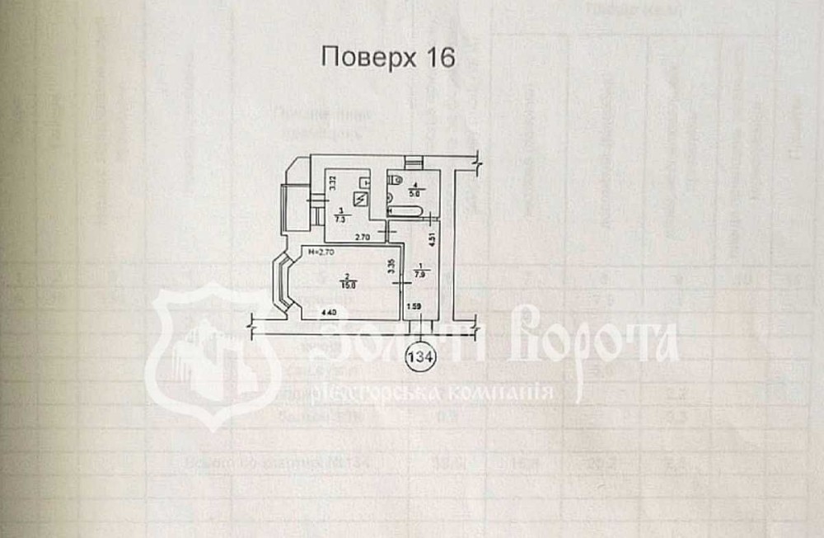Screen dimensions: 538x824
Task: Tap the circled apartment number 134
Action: [x=421, y=357]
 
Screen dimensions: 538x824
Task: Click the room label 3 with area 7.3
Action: [x=339, y=215]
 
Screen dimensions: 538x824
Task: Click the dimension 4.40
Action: [x=329, y=313]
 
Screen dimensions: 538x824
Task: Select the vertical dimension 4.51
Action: [x=434, y=240]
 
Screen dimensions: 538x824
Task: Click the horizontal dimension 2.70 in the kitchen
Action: [x=363, y=238]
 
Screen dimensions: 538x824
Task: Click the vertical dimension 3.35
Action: [x=391, y=267]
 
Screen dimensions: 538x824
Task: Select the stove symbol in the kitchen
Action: [x=358, y=198]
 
